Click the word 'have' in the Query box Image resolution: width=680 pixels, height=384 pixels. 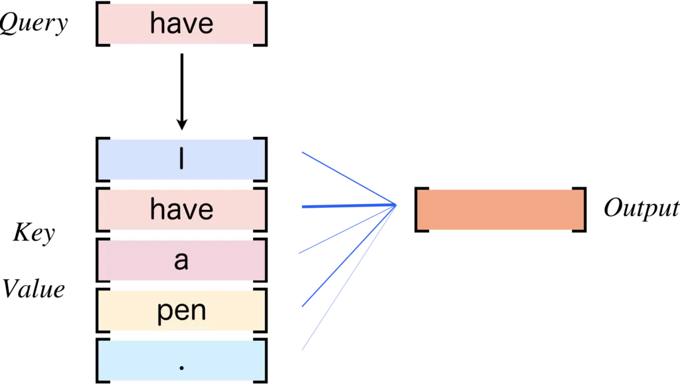(181, 25)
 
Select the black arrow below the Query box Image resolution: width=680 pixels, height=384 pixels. (181, 86)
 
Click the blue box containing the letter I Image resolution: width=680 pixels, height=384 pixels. (181, 159)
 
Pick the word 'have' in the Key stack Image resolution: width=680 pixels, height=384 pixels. (181, 210)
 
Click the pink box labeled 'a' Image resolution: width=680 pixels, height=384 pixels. (181, 260)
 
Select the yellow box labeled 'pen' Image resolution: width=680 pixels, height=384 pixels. (181, 310)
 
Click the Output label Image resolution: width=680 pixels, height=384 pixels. (640, 209)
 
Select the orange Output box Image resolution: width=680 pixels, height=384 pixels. (500, 209)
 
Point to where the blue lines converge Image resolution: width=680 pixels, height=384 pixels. (396, 205)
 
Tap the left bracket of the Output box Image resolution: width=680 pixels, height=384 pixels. (418, 209)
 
